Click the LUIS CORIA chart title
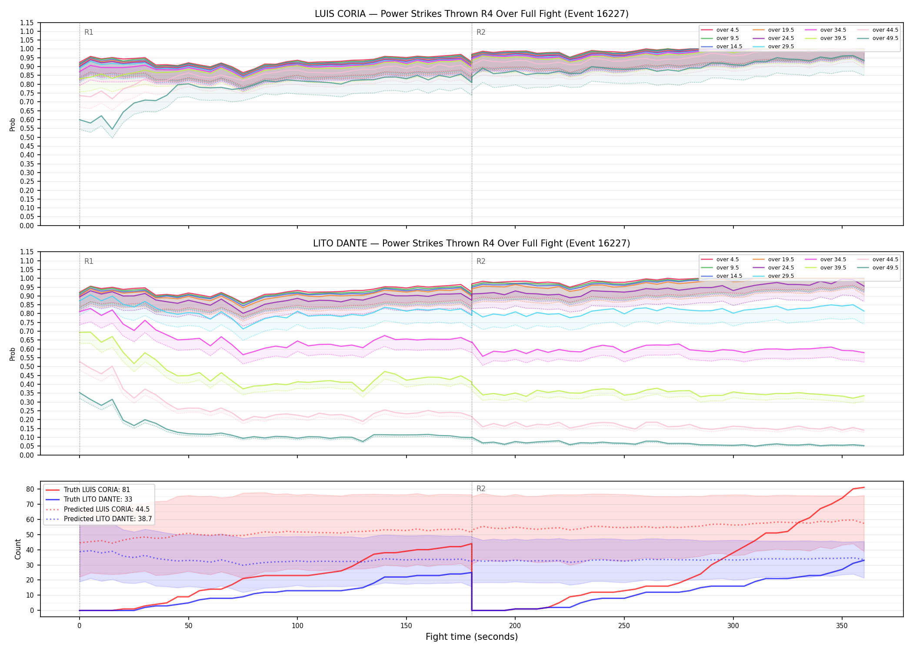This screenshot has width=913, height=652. pyautogui.click(x=472, y=14)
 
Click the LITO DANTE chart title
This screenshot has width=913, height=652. pyautogui.click(x=472, y=243)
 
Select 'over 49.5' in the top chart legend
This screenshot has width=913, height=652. pyautogui.click(x=885, y=38)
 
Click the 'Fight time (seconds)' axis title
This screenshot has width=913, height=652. pyautogui.click(x=472, y=637)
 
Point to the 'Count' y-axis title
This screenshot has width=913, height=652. pyautogui.click(x=18, y=549)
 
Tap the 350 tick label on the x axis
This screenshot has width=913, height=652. pyautogui.click(x=842, y=626)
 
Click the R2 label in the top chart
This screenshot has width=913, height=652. pyautogui.click(x=481, y=32)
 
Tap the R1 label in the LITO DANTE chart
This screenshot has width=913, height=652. pyautogui.click(x=89, y=261)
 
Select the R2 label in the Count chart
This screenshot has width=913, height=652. pyautogui.click(x=481, y=489)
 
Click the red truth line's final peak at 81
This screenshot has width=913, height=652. pyautogui.click(x=864, y=487)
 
